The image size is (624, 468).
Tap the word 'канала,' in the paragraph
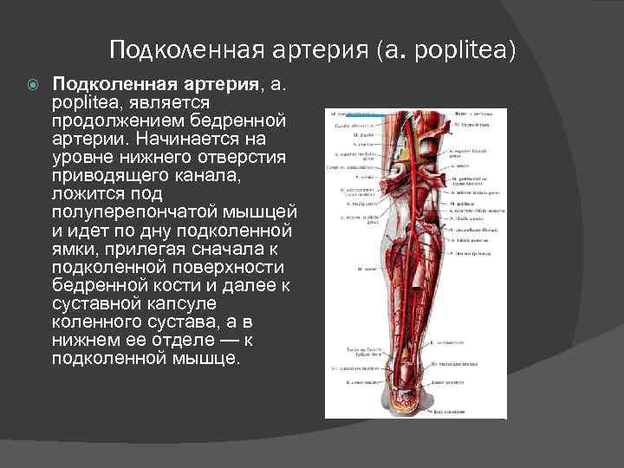point(206,175)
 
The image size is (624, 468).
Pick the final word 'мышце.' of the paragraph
point(209,358)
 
